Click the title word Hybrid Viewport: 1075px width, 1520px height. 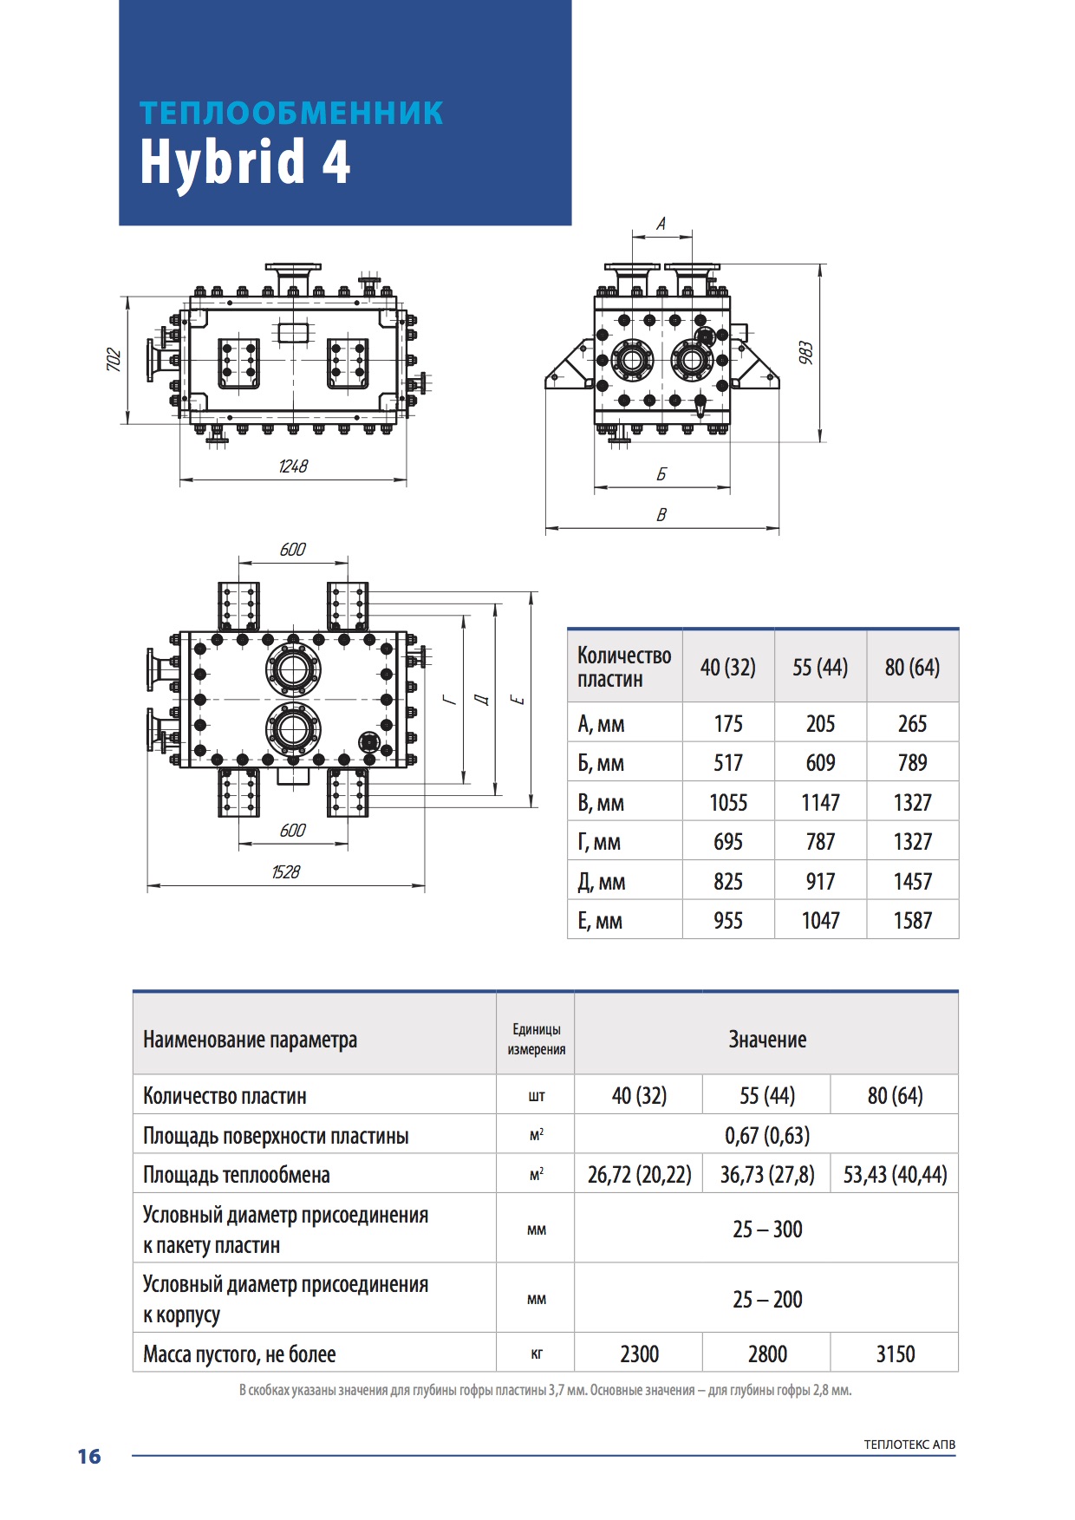coord(223,163)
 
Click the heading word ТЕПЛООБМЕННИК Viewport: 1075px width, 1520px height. coord(291,114)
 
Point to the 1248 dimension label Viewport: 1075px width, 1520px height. coord(293,466)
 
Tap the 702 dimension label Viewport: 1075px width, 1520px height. coord(114,360)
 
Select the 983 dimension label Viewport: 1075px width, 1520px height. coord(805,353)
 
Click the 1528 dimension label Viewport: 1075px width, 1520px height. coord(285,872)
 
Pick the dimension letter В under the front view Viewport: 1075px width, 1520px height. coord(661,515)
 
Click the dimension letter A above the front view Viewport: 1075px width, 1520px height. coord(661,225)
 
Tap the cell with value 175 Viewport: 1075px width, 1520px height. coord(728,724)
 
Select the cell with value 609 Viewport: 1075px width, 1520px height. coord(820,763)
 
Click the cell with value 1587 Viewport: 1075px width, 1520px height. coord(912,921)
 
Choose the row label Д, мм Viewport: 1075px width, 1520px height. coord(601,882)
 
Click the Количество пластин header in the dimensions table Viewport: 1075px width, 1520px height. coord(624,667)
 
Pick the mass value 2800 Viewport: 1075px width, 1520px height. coord(767,1354)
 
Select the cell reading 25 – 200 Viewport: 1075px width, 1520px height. coord(767,1300)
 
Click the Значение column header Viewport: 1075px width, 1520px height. coord(767,1040)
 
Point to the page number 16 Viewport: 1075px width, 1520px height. coord(89,1457)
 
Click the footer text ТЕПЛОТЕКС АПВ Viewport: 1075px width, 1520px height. coord(909,1445)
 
